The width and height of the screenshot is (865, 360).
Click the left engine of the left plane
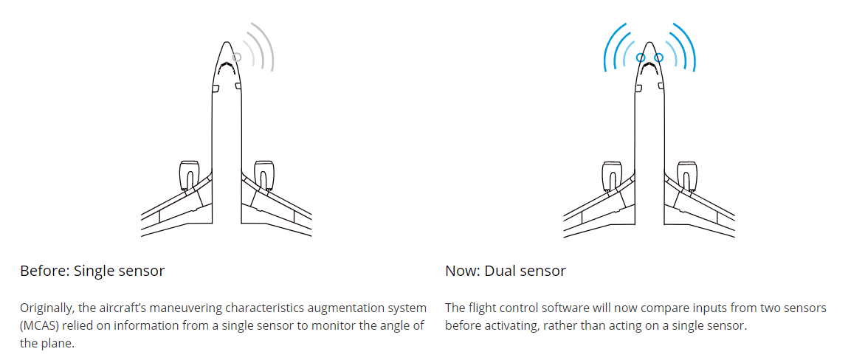pos(189,176)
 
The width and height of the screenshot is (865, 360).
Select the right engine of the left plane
pos(264,176)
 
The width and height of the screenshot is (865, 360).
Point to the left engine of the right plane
pos(613,176)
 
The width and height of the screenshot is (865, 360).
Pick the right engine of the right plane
pos(687,176)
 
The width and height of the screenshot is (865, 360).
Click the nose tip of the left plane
pos(226,42)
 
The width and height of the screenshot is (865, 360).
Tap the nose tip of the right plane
pos(649,42)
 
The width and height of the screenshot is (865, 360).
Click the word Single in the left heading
pos(94,271)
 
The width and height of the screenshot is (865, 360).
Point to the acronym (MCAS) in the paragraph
pos(39,325)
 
